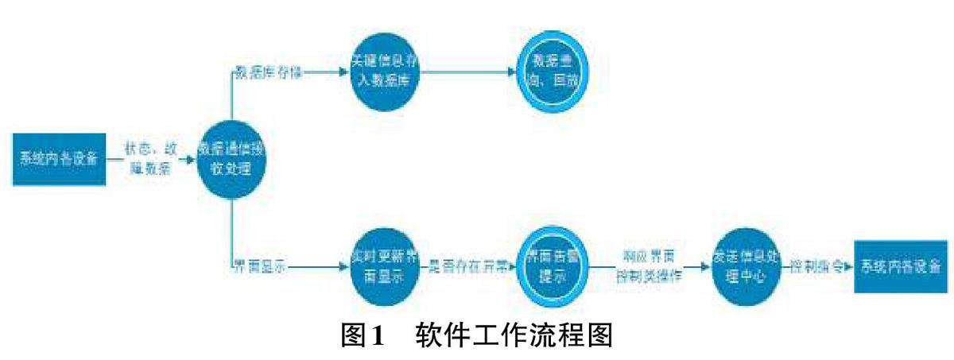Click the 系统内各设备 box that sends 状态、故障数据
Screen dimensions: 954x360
[59, 157]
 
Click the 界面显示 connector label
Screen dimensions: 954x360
[258, 266]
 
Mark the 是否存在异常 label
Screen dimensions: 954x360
[469, 266]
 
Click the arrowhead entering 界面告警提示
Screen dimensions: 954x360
[511, 267]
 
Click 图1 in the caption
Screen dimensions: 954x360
[362, 337]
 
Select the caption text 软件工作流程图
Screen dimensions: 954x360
[514, 337]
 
